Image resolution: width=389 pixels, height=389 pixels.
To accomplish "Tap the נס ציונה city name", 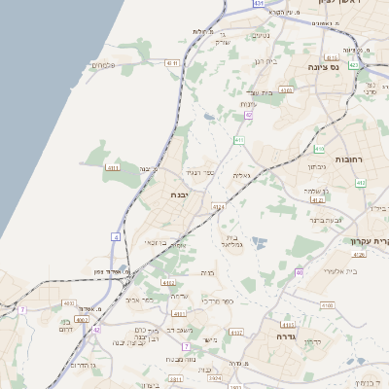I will tap(347, 67).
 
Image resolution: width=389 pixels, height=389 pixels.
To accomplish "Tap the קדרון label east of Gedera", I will tap(311, 341).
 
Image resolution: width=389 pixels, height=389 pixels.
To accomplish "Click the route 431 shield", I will tap(259, 4).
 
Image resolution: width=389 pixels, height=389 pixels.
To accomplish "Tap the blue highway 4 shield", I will tap(116, 236).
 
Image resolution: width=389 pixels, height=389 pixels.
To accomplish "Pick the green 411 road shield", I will tap(238, 140).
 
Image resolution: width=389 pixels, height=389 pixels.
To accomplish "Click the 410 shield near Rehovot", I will tap(319, 149).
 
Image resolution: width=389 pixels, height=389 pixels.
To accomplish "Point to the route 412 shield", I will tap(361, 182).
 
